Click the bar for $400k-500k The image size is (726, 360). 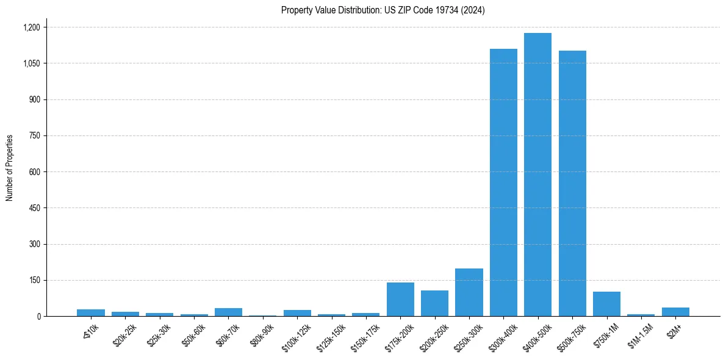pos(537,175)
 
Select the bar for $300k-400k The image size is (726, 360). pos(503,182)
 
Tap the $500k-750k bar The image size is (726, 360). pos(572,183)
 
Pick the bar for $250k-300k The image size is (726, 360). pos(469,292)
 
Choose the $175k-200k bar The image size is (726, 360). pos(400,300)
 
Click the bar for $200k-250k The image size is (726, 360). pos(434,303)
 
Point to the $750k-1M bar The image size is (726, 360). pos(606,304)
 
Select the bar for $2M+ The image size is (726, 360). pos(675,312)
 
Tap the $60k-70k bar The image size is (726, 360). pos(228,312)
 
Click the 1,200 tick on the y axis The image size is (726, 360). pos(31,27)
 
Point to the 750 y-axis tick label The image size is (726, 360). pos(35,136)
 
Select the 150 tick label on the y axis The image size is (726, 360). pos(35,281)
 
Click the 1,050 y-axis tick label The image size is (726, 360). pos(31,63)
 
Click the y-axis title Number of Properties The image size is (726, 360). pos(9,168)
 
